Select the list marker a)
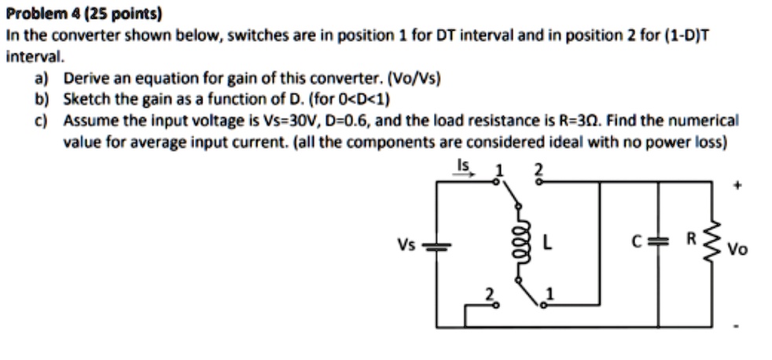[40, 79]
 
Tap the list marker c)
[40, 121]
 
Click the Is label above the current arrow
[463, 166]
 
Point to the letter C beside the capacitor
[641, 244]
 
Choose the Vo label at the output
[737, 250]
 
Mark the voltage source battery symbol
[435, 246]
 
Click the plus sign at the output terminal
[737, 187]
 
